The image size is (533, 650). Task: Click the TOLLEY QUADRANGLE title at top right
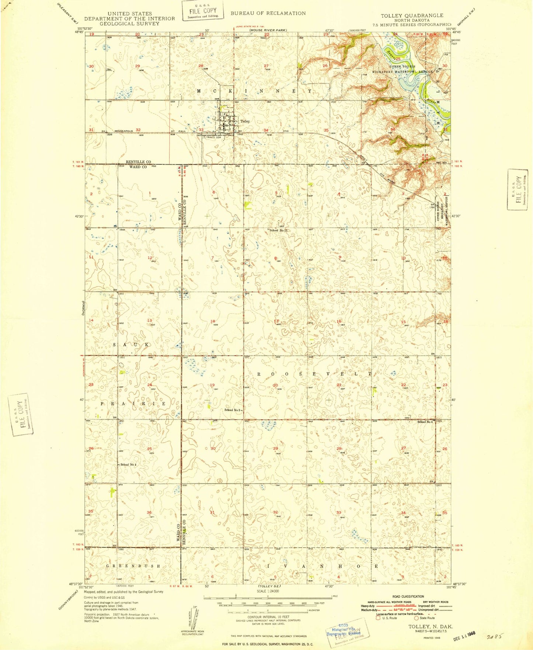point(412,15)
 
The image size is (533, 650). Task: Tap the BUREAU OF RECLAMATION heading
point(268,13)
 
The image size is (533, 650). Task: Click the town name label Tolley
point(245,121)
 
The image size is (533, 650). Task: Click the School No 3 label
point(232,410)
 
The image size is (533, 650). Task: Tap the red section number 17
point(276,321)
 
